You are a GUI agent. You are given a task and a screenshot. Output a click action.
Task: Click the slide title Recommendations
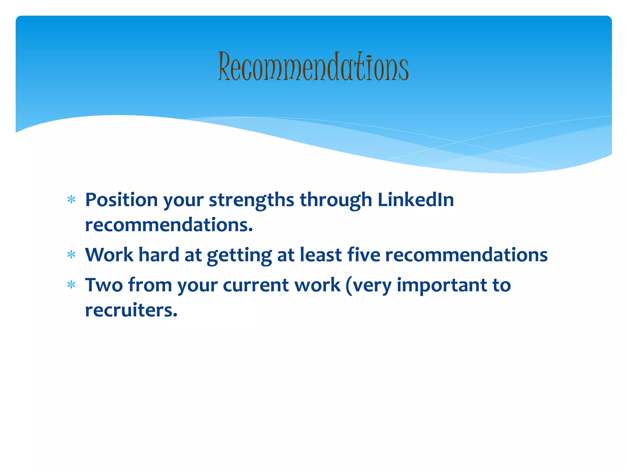point(313,67)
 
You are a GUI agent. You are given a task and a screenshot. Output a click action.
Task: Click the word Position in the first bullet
point(121,200)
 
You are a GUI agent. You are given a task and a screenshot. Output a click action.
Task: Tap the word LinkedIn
point(415,200)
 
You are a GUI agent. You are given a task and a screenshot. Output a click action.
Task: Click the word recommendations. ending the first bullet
point(169,225)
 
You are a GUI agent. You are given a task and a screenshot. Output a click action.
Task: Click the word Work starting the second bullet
point(109,255)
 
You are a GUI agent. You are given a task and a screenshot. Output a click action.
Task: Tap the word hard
point(159,255)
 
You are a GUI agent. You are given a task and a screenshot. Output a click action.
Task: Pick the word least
point(321,255)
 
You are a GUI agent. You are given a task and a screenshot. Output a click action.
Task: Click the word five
point(363,255)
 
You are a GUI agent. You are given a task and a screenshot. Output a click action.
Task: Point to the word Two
point(104,285)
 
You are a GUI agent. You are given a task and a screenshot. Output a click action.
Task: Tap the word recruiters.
point(131,310)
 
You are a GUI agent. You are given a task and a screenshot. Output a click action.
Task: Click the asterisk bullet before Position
point(71,200)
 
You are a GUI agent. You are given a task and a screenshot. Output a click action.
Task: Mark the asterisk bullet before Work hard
point(71,255)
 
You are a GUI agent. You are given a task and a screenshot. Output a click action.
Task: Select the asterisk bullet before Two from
point(71,285)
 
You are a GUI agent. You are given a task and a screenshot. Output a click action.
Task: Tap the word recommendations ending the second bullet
point(466,255)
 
